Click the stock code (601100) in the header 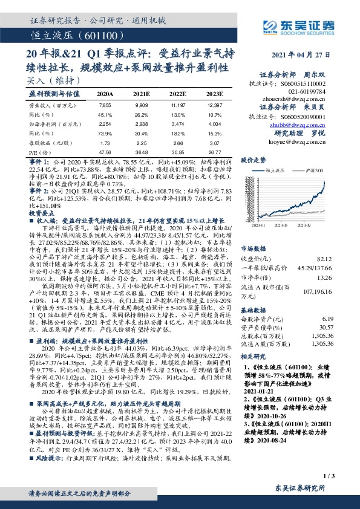point(97,37)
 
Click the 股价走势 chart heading point(254,160)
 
